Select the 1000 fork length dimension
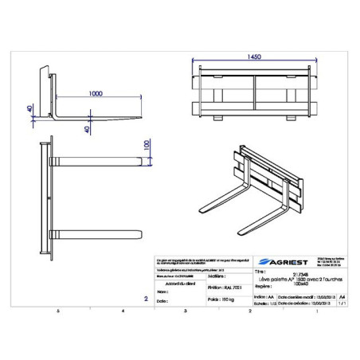pyautogui.click(x=96, y=92)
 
